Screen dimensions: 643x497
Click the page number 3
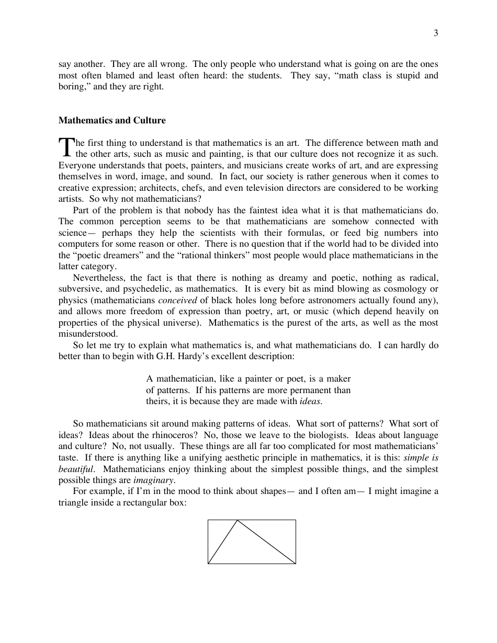(436, 33)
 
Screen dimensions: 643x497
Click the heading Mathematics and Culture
(112, 120)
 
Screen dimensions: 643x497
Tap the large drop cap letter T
(66, 147)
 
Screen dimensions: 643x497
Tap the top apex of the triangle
(238, 520)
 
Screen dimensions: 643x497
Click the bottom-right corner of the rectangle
(296, 564)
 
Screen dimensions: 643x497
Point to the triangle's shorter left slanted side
(223, 542)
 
